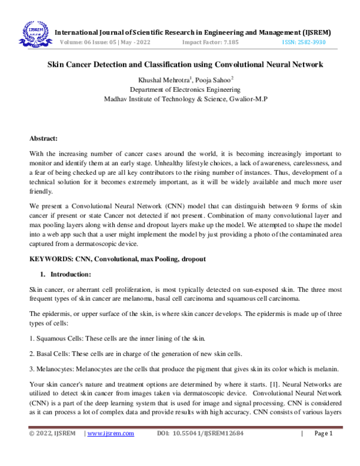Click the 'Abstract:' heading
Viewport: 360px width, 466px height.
pos(44,138)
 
